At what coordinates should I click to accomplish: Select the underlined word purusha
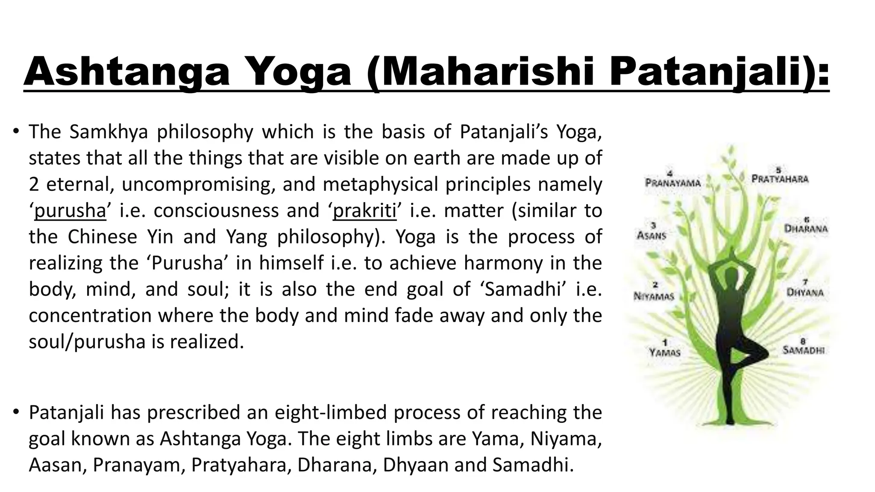click(x=70, y=211)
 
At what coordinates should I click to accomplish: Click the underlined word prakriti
click(x=364, y=211)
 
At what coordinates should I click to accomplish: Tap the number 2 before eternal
click(x=34, y=184)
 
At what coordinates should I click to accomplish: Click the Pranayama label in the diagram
click(x=672, y=183)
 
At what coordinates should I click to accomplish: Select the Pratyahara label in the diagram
click(x=780, y=179)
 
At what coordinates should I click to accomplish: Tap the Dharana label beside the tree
click(x=806, y=228)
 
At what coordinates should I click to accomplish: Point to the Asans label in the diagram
click(x=652, y=234)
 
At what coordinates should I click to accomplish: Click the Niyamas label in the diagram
click(x=654, y=296)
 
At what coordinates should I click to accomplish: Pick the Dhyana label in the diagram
click(x=805, y=293)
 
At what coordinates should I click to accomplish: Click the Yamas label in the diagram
click(x=664, y=352)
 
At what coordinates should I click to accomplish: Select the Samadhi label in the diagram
click(x=803, y=350)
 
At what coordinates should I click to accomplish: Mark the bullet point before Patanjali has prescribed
click(x=16, y=413)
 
